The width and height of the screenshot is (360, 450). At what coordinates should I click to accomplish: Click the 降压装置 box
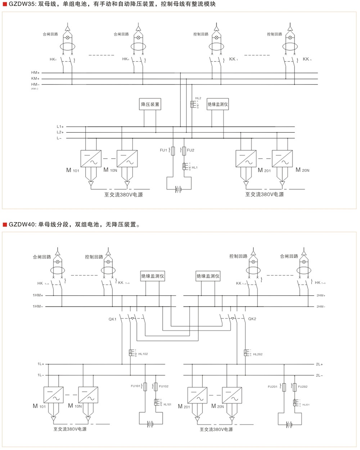click(x=150, y=104)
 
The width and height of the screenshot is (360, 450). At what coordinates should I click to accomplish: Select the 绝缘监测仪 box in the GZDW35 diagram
click(x=218, y=104)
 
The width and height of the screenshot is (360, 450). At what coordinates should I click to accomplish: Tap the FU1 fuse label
click(x=163, y=150)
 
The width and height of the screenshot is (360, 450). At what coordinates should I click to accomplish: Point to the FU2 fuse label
click(x=191, y=150)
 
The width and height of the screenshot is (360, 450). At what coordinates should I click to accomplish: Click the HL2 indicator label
click(x=198, y=98)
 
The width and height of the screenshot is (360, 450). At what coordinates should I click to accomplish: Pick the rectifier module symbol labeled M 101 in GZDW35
click(x=91, y=159)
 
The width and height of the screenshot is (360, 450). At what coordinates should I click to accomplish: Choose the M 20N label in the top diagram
click(x=302, y=170)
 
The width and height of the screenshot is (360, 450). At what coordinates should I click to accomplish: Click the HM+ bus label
click(x=35, y=73)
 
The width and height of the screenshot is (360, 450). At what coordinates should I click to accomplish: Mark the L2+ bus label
click(x=60, y=132)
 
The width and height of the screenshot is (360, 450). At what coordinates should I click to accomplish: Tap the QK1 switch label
click(x=112, y=319)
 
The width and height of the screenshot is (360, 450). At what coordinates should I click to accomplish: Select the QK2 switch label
click(x=252, y=319)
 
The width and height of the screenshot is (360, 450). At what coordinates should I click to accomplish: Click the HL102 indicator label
click(x=143, y=354)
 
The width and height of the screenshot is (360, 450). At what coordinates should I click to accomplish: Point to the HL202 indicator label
click(x=258, y=354)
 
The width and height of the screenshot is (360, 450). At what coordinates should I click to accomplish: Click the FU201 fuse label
click(x=273, y=387)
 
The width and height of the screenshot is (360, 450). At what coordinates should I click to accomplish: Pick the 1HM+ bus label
click(x=38, y=295)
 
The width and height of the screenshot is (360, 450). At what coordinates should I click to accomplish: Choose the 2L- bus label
click(x=319, y=375)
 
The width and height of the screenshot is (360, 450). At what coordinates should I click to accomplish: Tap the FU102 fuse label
click(x=163, y=386)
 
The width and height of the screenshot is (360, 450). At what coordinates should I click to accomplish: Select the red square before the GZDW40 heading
click(x=5, y=225)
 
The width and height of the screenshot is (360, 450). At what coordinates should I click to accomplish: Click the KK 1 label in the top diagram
click(x=233, y=59)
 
